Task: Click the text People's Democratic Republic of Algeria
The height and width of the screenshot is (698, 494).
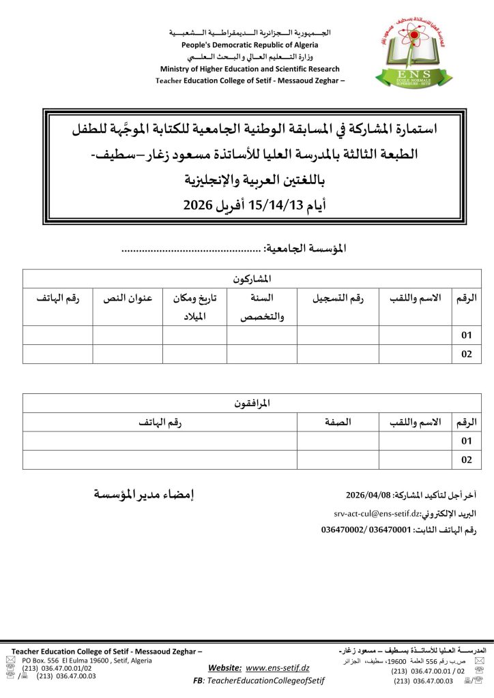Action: point(249,45)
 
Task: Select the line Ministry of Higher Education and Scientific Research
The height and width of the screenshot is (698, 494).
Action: point(250,69)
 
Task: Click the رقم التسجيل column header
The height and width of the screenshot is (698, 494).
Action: point(338,299)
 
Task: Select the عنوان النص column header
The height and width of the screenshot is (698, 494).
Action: point(127,299)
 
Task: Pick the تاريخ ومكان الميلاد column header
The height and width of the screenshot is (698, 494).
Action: point(194,307)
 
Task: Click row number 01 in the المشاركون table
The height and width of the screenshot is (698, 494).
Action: point(467,335)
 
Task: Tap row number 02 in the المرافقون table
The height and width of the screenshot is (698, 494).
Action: point(467,460)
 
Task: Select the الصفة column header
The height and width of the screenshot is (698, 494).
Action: point(338,422)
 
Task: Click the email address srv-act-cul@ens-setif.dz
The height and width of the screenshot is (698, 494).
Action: point(376,513)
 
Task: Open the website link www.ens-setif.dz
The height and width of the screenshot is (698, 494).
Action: point(278,668)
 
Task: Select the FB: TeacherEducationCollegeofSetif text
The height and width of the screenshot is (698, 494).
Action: point(259,681)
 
